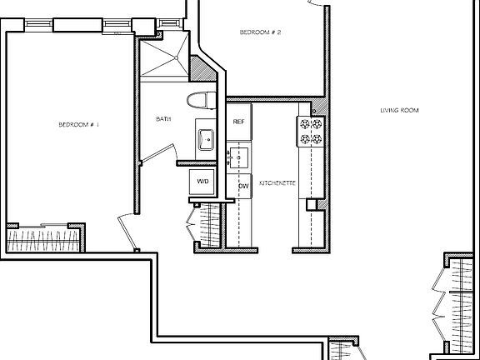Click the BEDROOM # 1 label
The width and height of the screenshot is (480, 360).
(x=78, y=125)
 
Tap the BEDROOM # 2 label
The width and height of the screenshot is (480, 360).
(x=260, y=32)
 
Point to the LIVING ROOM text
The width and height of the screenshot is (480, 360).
(x=399, y=110)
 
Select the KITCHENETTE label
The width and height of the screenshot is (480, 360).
(x=278, y=181)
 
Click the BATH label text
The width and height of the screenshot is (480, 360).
(x=163, y=119)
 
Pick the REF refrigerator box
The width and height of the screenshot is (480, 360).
(x=239, y=122)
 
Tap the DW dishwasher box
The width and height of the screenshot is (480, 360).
(x=244, y=187)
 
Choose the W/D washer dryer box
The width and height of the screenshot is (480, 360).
(x=203, y=181)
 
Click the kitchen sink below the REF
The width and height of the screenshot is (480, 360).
(x=239, y=157)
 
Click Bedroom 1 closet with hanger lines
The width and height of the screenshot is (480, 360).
(x=43, y=241)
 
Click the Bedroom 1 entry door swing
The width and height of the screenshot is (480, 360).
(x=127, y=227)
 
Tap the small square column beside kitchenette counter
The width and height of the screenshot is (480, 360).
(x=312, y=204)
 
